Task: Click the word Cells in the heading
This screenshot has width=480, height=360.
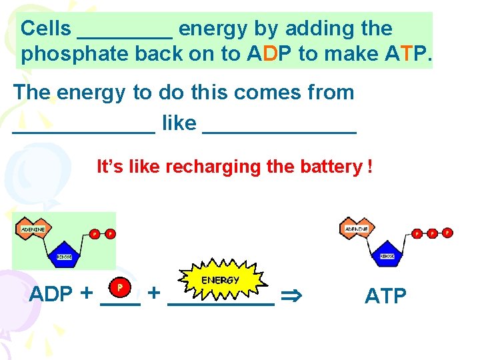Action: [45, 29]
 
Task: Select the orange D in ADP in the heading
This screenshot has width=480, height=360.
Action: [270, 54]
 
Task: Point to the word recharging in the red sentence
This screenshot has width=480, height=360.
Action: [213, 166]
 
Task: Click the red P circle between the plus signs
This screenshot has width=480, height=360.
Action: [119, 287]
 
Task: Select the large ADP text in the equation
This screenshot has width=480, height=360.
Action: [51, 294]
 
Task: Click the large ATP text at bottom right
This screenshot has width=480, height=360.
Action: [385, 296]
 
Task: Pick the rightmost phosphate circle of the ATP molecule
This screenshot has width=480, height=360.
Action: [447, 233]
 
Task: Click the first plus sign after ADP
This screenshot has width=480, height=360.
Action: [87, 294]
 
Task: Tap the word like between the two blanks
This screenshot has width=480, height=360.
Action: [179, 123]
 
